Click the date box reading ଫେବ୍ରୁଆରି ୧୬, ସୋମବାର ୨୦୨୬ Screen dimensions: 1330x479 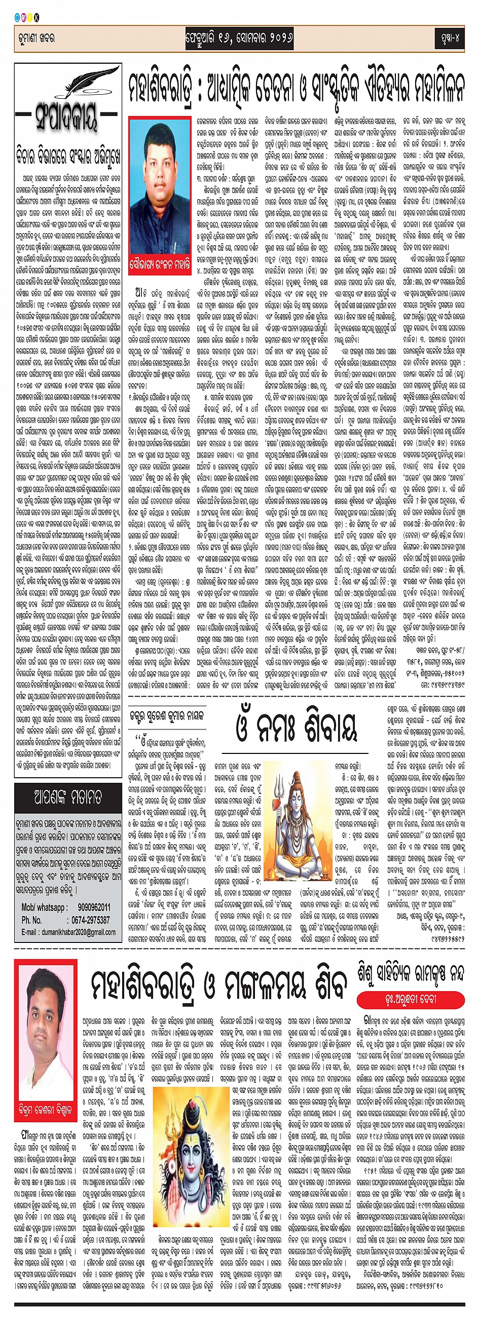pyautogui.click(x=239, y=39)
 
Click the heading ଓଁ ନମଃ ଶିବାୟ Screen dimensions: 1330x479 pyautogui.click(x=296, y=728)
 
